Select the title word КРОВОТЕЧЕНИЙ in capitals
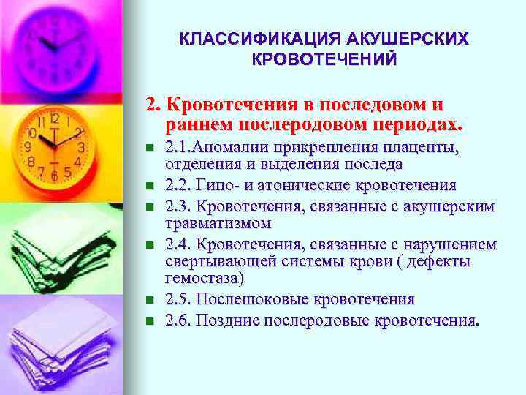324,59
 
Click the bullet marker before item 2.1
150,149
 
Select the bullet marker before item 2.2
150,186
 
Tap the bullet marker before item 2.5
150,300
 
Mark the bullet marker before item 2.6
150,320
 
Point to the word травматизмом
218,222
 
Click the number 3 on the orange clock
82,147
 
